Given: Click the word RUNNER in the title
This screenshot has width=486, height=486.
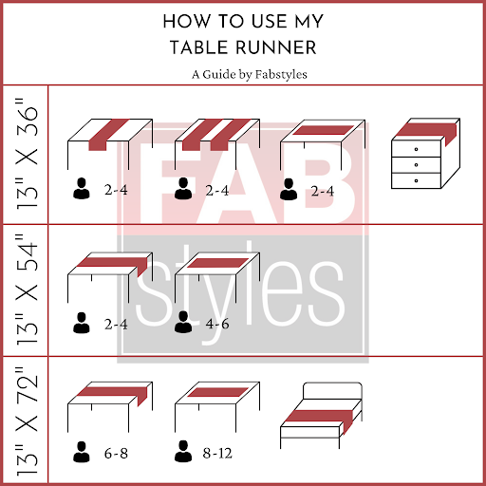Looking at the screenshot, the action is point(276,47).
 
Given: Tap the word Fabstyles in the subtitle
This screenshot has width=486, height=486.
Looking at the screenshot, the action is point(281,75).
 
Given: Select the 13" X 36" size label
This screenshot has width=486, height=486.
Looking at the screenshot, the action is point(27,154).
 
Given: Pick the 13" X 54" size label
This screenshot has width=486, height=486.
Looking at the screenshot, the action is point(27,290).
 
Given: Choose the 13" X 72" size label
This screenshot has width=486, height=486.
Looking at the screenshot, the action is point(27,421).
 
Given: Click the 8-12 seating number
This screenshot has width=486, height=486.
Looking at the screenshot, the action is point(217,453).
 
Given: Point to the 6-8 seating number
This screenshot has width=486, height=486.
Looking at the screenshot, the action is point(116,454).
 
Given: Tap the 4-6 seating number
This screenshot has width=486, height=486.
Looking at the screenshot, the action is point(217,324).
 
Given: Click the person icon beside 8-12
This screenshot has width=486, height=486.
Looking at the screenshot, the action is point(183,451).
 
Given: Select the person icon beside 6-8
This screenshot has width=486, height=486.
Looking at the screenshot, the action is point(82,452).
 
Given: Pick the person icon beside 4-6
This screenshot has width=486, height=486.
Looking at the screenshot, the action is point(183,322).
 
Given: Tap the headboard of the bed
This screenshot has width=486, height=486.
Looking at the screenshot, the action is point(332,391).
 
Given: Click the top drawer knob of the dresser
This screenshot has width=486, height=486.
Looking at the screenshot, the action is point(416,149).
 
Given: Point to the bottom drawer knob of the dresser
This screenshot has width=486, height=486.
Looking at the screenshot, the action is point(416,180).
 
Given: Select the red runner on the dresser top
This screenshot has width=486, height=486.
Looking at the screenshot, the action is point(425,130).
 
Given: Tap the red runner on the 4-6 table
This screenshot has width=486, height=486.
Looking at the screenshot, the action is point(218,263).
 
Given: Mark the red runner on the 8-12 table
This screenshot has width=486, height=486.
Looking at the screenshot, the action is point(218,392).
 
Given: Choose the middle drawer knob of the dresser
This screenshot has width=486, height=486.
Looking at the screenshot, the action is point(416,165).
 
